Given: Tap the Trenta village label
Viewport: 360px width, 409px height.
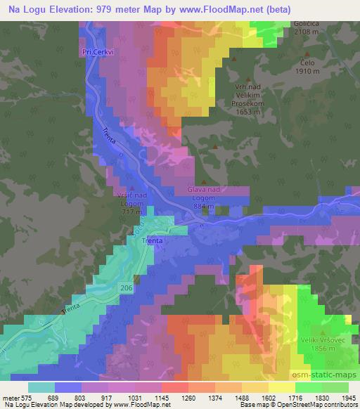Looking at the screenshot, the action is (152, 240).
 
